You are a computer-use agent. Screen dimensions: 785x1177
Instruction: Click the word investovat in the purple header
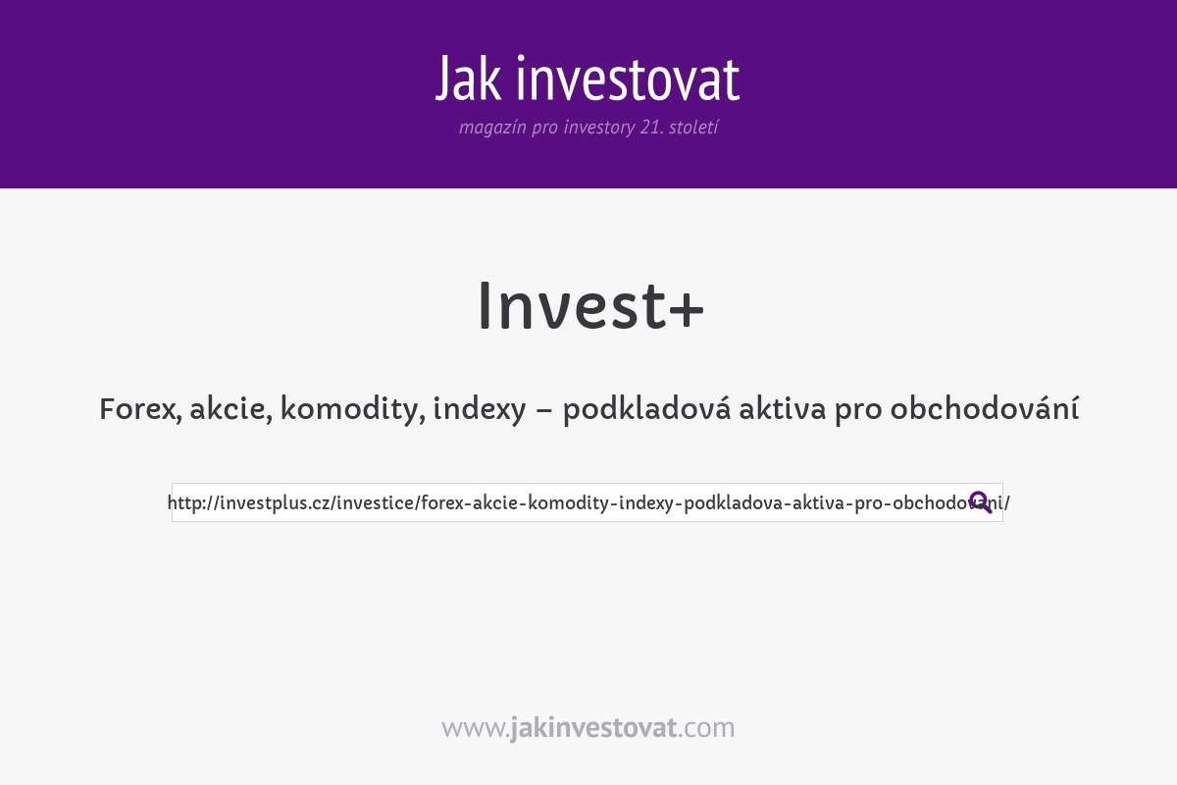(628, 78)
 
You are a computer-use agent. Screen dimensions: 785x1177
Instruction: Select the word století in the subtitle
(693, 128)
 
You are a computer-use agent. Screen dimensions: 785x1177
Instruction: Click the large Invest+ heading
(588, 306)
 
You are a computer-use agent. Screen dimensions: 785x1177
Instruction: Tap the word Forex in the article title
(137, 409)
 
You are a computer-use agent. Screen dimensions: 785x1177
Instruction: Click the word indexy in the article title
(480, 409)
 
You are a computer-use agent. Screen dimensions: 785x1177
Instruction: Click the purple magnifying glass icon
(980, 502)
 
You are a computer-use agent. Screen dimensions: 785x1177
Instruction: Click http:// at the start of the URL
(193, 503)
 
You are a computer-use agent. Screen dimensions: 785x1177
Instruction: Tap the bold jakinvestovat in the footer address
(593, 728)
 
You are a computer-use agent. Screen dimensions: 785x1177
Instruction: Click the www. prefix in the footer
(475, 728)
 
